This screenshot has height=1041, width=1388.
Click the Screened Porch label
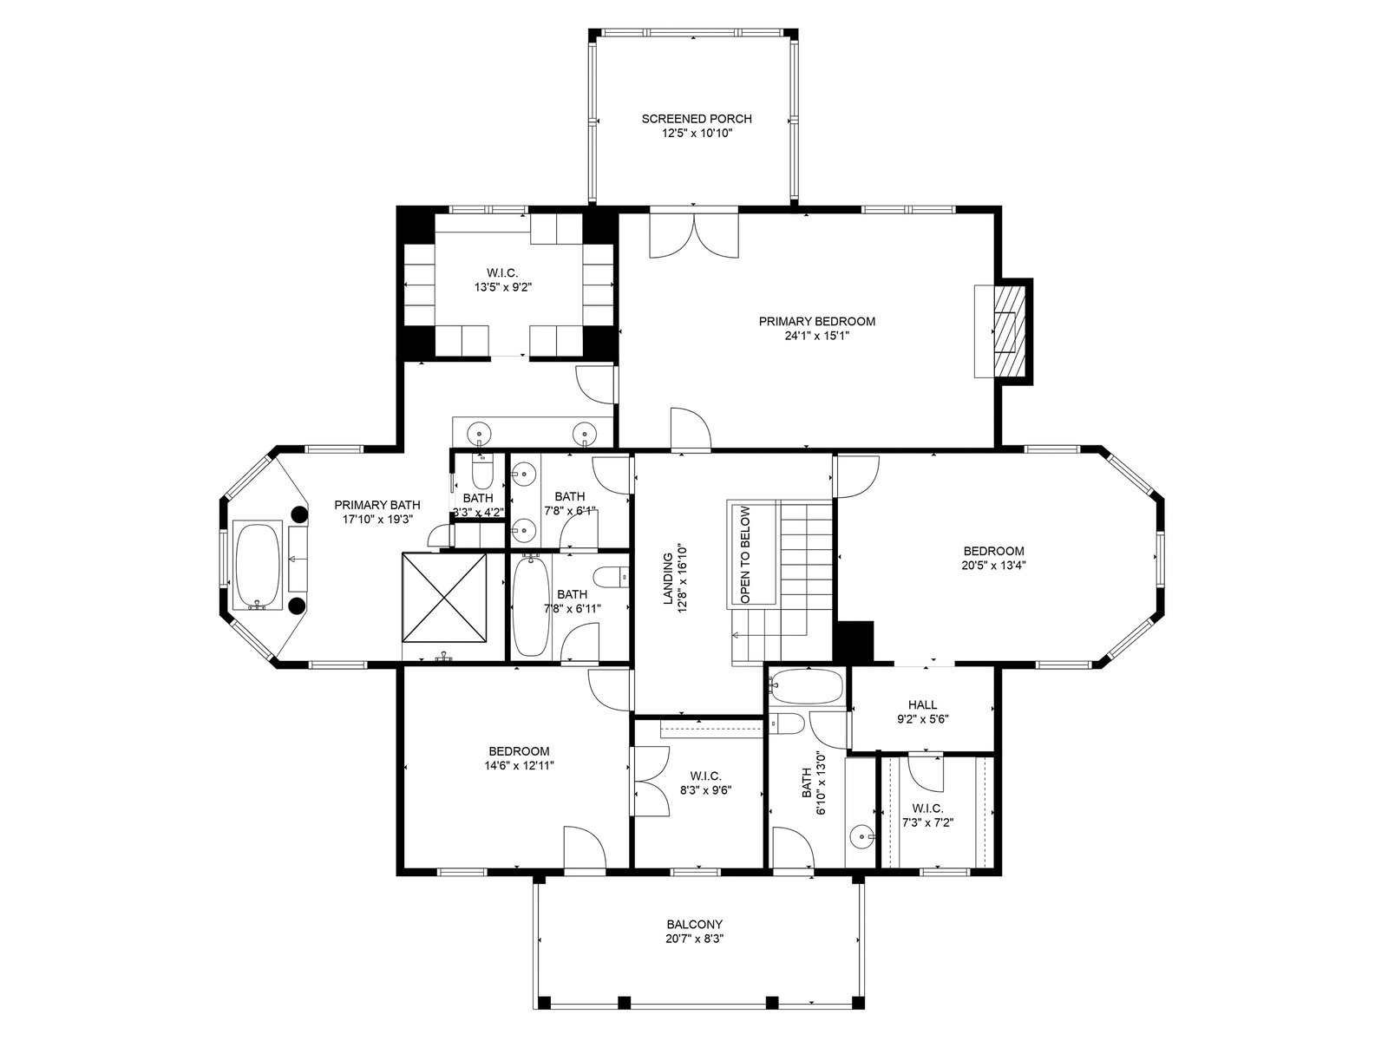pos(697,126)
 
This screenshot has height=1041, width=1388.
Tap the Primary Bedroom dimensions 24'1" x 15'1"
pos(817,336)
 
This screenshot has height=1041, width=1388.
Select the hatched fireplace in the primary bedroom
pos(1007,331)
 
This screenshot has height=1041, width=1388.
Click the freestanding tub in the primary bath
pos(258,566)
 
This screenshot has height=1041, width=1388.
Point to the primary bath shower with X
pos(444,598)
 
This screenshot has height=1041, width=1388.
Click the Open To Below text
pos(745,554)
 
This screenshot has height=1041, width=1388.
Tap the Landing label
pos(668,579)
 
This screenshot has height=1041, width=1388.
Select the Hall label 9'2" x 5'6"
pos(923,711)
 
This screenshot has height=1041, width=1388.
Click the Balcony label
pos(694,932)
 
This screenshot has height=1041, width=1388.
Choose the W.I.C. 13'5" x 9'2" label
pos(502,279)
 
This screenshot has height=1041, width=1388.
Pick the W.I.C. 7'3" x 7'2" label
pos(927,815)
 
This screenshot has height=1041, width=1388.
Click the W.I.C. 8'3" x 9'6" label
pos(705,782)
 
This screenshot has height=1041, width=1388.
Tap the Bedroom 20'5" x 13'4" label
pos(993,558)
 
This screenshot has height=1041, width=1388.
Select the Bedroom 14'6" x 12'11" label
pos(519,758)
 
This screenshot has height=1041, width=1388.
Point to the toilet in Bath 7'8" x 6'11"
pos(611,576)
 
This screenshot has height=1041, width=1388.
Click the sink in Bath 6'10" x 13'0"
pos(861,838)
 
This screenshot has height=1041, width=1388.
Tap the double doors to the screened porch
pos(694,236)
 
